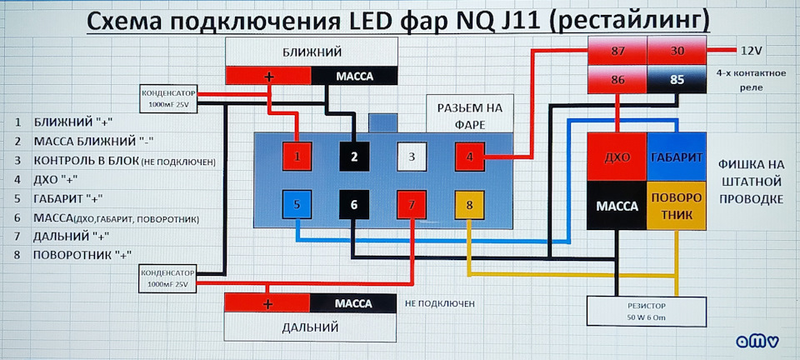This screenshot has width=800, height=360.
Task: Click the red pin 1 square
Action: pos(297,155)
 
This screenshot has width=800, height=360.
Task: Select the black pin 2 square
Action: pos(353,156)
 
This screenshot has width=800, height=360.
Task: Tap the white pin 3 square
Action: pos(411,156)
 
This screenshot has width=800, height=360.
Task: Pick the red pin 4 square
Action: pos(469,156)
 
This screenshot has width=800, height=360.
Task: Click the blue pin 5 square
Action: pos(297,205)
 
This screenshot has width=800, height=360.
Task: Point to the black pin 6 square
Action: pos(353,205)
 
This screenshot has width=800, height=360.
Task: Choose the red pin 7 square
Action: pos(411,205)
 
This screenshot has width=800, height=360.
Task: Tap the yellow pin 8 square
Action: pos(469,205)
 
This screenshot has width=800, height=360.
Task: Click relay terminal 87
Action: pos(617,52)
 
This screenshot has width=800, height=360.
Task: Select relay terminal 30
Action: pos(677,52)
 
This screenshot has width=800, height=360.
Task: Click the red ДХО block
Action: pos(617,157)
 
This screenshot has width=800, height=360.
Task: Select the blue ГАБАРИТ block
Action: pos(677,157)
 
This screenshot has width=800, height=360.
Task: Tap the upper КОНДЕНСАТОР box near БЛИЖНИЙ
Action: pos(168,97)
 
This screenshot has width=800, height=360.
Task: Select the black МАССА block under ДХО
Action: pos(617,205)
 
